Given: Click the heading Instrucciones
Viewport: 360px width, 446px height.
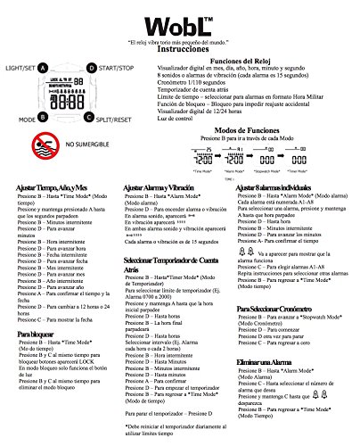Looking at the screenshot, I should [180, 53].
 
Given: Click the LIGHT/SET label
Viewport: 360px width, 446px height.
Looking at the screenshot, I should [24, 66].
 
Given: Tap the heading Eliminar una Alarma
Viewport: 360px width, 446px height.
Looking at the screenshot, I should [266, 364].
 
